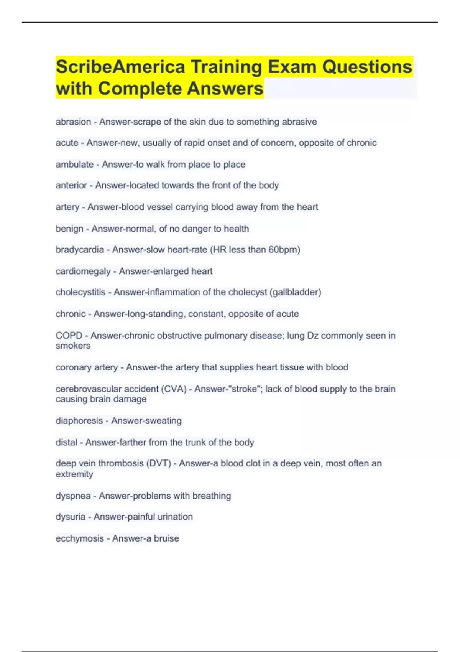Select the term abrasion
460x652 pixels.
pos(73,122)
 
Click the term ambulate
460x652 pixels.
pos(74,165)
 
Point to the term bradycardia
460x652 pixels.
pos(80,250)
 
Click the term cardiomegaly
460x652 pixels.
pos(83,272)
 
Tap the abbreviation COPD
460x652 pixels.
pos(69,336)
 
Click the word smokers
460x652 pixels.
pos(73,346)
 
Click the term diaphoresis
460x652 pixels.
pos(79,421)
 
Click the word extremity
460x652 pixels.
pos(74,474)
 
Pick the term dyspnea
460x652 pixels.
pos(73,496)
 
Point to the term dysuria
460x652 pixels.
pos(71,517)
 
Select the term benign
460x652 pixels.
pos(69,229)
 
